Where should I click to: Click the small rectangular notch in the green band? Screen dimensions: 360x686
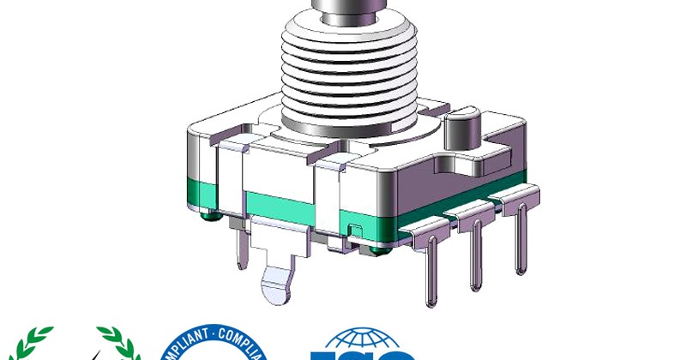point(352,229)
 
